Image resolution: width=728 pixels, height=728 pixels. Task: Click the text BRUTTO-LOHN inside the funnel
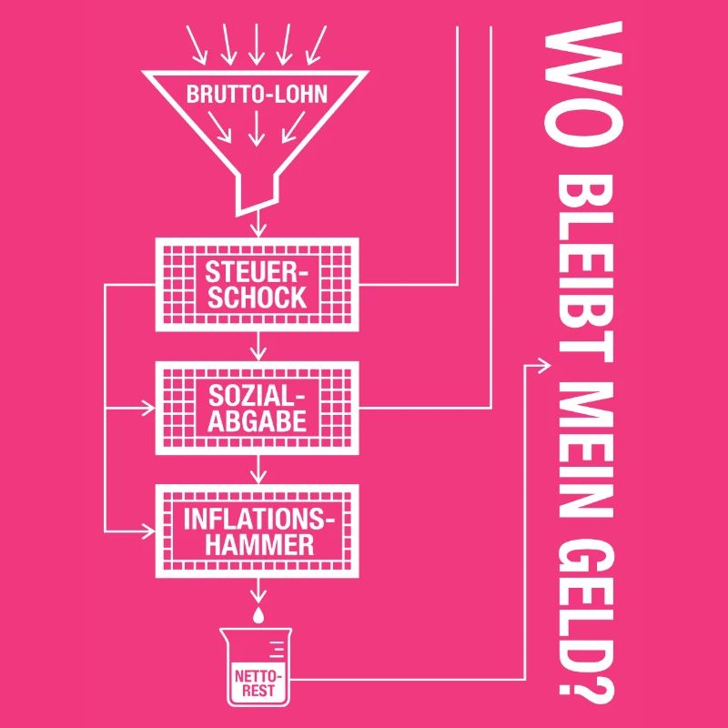coord(257,94)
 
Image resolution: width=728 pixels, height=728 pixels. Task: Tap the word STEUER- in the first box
coord(257,272)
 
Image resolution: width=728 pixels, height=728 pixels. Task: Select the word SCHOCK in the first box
coord(258,298)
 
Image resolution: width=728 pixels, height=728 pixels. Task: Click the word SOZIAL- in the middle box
coord(257,396)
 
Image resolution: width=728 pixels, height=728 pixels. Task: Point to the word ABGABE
coord(258,421)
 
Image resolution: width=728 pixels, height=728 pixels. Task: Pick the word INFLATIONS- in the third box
coord(258,520)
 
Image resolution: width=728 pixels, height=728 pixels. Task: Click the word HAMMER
coord(259,544)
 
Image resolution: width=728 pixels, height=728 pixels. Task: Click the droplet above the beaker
coord(258,614)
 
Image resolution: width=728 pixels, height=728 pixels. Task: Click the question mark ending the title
coord(586,692)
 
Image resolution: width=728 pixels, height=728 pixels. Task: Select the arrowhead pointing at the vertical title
coord(544,366)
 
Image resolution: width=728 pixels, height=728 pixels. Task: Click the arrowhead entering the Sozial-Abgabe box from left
coord(148,409)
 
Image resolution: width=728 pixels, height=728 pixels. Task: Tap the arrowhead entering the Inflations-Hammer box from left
coord(148,531)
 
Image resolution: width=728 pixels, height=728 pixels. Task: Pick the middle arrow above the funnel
coord(256,44)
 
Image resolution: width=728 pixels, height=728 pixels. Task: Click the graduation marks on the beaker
coord(277,650)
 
